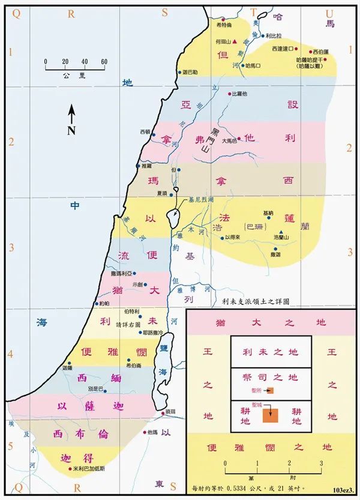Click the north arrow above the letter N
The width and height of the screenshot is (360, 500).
71,112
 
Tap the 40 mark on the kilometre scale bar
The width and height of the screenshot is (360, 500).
84,62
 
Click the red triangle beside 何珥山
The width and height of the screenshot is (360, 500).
235,41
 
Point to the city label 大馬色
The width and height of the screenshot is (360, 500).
230,141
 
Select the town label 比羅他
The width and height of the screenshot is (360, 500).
239,94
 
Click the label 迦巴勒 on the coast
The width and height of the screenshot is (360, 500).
189,72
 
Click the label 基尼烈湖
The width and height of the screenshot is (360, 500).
200,199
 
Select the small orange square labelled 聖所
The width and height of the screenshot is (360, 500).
271,391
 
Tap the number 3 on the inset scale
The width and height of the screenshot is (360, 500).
321,463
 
